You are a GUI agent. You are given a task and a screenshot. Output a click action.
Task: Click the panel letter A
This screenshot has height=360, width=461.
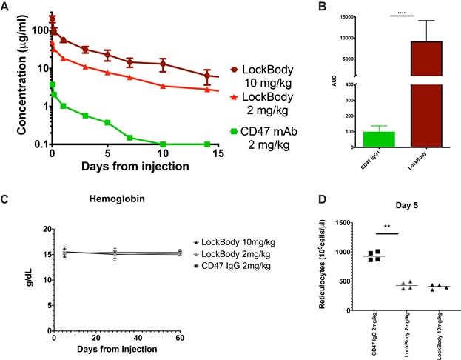(x=7, y=7)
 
